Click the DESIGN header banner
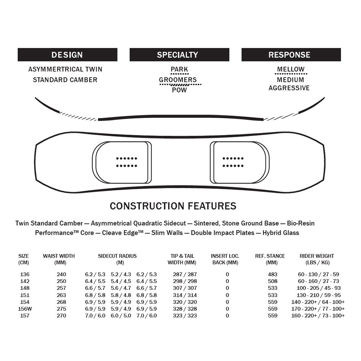67,55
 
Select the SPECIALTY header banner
179,55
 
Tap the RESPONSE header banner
291,55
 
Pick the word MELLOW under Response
291,69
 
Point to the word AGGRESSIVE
289,88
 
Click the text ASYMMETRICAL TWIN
65,69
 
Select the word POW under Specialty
179,90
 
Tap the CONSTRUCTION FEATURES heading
173,206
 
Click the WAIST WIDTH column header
59,259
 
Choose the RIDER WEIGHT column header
317,259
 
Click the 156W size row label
24,309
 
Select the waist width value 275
61,309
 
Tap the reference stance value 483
273,274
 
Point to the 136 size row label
24,274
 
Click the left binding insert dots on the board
126,162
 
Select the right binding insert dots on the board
233,162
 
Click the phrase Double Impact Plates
222,233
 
